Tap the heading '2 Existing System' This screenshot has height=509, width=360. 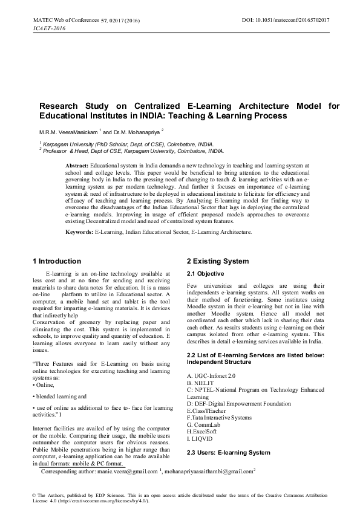tap(217, 261)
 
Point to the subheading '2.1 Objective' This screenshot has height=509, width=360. tap(205, 274)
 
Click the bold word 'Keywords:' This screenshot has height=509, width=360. tap(79, 232)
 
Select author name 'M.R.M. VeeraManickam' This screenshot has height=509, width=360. tap(65, 131)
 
